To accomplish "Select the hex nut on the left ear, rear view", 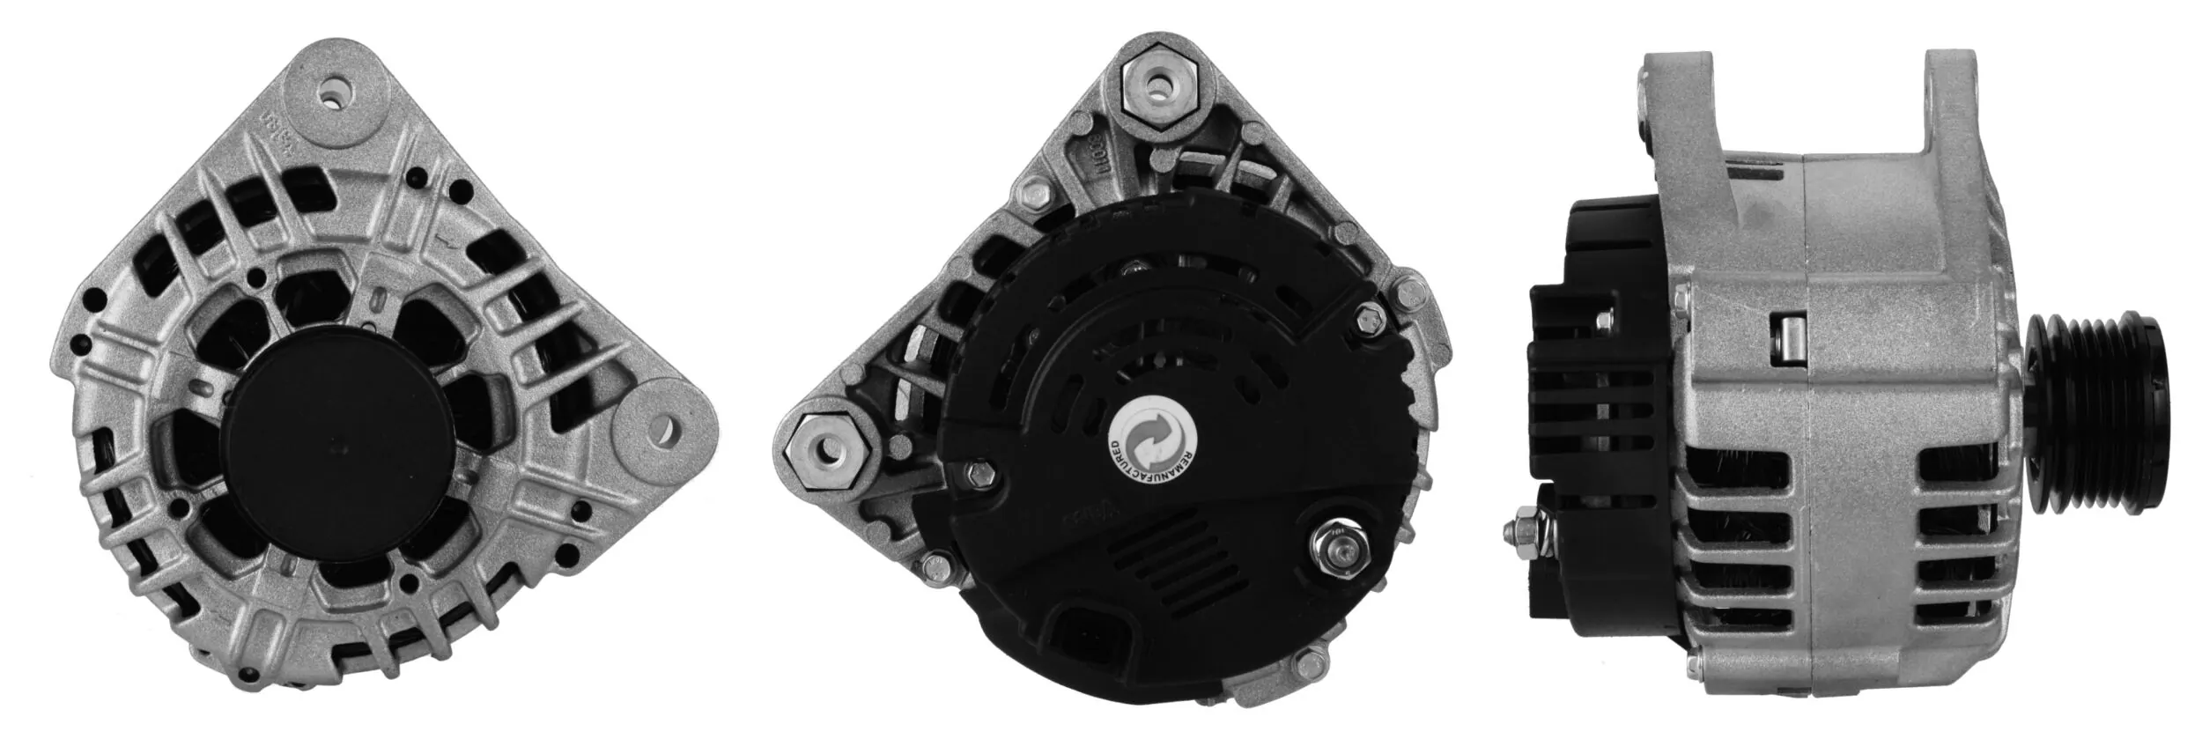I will click(x=828, y=450).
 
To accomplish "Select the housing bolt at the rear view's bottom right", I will click(x=1317, y=657).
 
